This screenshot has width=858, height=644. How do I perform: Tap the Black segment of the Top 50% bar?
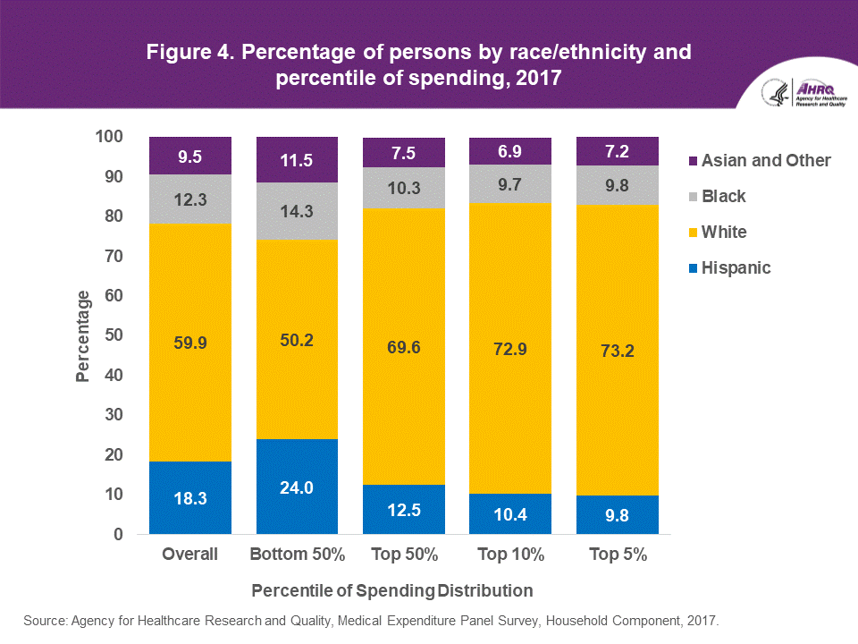404,188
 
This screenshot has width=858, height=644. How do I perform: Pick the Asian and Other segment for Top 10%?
510,151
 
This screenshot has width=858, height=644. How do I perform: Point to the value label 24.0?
297,487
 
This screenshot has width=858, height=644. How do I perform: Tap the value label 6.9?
510,151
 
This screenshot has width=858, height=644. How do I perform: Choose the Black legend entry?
723,197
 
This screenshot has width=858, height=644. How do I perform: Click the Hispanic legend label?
736,268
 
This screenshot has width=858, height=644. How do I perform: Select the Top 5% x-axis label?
618,555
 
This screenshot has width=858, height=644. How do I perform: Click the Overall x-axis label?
190,555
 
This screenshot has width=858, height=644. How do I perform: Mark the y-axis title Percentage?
83,335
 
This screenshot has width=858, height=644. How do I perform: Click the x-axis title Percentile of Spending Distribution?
392,591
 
